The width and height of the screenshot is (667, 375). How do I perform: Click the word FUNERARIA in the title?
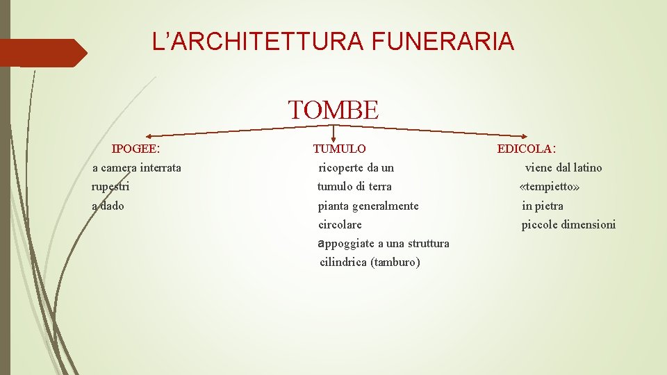tap(443, 42)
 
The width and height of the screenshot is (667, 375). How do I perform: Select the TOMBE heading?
tap(333, 110)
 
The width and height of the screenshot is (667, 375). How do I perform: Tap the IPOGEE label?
tap(136, 149)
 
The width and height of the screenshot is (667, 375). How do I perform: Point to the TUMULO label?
tap(339, 149)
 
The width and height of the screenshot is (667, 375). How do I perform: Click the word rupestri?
tap(110, 186)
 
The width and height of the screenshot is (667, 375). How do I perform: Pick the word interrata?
tap(160, 167)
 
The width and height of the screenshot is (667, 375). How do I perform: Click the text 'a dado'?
tap(108, 206)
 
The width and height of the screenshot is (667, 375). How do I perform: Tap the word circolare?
tap(340, 224)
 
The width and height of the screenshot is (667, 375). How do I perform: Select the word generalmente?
tap(385, 206)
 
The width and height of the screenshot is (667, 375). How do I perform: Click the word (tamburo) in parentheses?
tap(395, 262)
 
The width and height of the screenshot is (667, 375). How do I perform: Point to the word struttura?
tap(429, 243)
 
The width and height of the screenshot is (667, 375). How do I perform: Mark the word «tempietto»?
tap(550, 187)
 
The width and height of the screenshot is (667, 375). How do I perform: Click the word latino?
tap(588, 167)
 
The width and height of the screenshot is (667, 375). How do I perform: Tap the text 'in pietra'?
tap(543, 206)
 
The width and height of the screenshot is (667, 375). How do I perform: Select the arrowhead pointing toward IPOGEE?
tap(149, 135)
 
